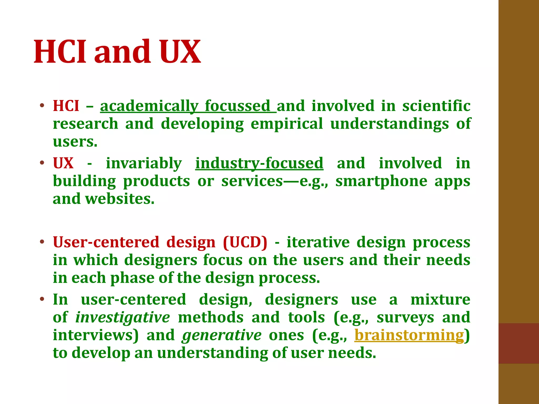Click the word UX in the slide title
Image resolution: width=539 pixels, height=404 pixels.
[x=180, y=52]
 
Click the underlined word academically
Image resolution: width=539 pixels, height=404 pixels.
[x=149, y=106]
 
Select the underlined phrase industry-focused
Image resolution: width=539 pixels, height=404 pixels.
[x=259, y=163]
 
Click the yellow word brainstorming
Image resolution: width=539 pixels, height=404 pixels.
[x=409, y=335]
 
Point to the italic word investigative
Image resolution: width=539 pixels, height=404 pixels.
[x=123, y=317]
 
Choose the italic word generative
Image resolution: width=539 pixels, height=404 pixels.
[x=222, y=335]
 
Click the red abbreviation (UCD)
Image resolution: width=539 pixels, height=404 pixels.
[x=245, y=242]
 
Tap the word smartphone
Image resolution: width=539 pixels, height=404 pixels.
[x=381, y=181]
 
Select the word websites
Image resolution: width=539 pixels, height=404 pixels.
[x=120, y=199]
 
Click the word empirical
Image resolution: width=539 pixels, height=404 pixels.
[x=287, y=124]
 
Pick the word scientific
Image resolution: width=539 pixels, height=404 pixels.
[x=436, y=106]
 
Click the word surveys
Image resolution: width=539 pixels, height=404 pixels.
[x=405, y=317]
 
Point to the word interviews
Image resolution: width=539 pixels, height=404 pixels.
[x=96, y=335]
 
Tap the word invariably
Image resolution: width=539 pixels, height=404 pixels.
[x=144, y=163]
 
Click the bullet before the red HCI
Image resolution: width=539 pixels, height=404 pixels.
[x=42, y=106]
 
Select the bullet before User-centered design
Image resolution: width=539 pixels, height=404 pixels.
[x=42, y=242]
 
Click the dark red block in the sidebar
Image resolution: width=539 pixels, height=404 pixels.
[x=518, y=343]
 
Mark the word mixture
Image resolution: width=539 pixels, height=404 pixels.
[x=440, y=300]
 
